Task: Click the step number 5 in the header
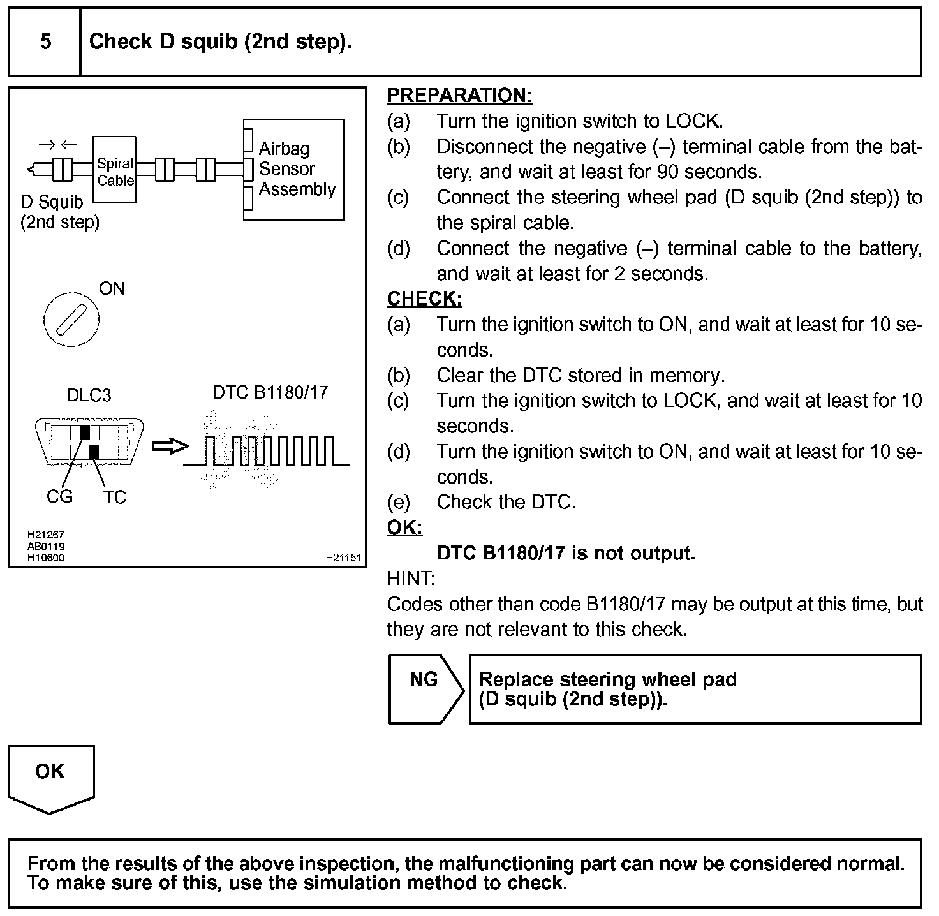pos(45,42)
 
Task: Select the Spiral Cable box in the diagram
pos(115,170)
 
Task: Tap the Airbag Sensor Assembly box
pos(294,170)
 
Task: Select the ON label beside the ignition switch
pos(112,289)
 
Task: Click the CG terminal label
pos(60,496)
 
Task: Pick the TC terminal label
pos(115,497)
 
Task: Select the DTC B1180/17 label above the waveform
pos(270,392)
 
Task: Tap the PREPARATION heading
pos(459,96)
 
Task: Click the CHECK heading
pos(424,299)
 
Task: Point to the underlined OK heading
pos(404,528)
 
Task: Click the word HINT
pos(411,579)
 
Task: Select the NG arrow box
pos(425,689)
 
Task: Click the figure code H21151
pos(343,558)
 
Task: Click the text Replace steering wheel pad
pos(607,679)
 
